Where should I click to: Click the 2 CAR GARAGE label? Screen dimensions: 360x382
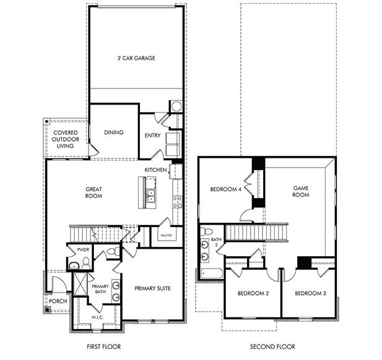[x=136, y=58]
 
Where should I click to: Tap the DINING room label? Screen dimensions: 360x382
[x=113, y=132]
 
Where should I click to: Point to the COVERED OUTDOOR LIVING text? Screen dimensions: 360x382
[x=64, y=140]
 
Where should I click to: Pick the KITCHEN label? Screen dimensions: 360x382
[x=155, y=169]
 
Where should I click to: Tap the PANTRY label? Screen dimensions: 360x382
[x=167, y=236]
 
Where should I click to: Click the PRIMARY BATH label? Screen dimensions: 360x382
[x=100, y=289]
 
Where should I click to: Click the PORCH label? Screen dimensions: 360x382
[x=58, y=301]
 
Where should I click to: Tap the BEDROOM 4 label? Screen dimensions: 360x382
[x=225, y=189]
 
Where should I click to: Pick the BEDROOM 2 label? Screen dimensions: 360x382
[x=253, y=293]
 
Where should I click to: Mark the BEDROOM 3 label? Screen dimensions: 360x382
[x=310, y=293]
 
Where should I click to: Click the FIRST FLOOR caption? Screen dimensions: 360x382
[x=103, y=347]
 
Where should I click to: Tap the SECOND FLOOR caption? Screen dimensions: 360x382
[x=272, y=347]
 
